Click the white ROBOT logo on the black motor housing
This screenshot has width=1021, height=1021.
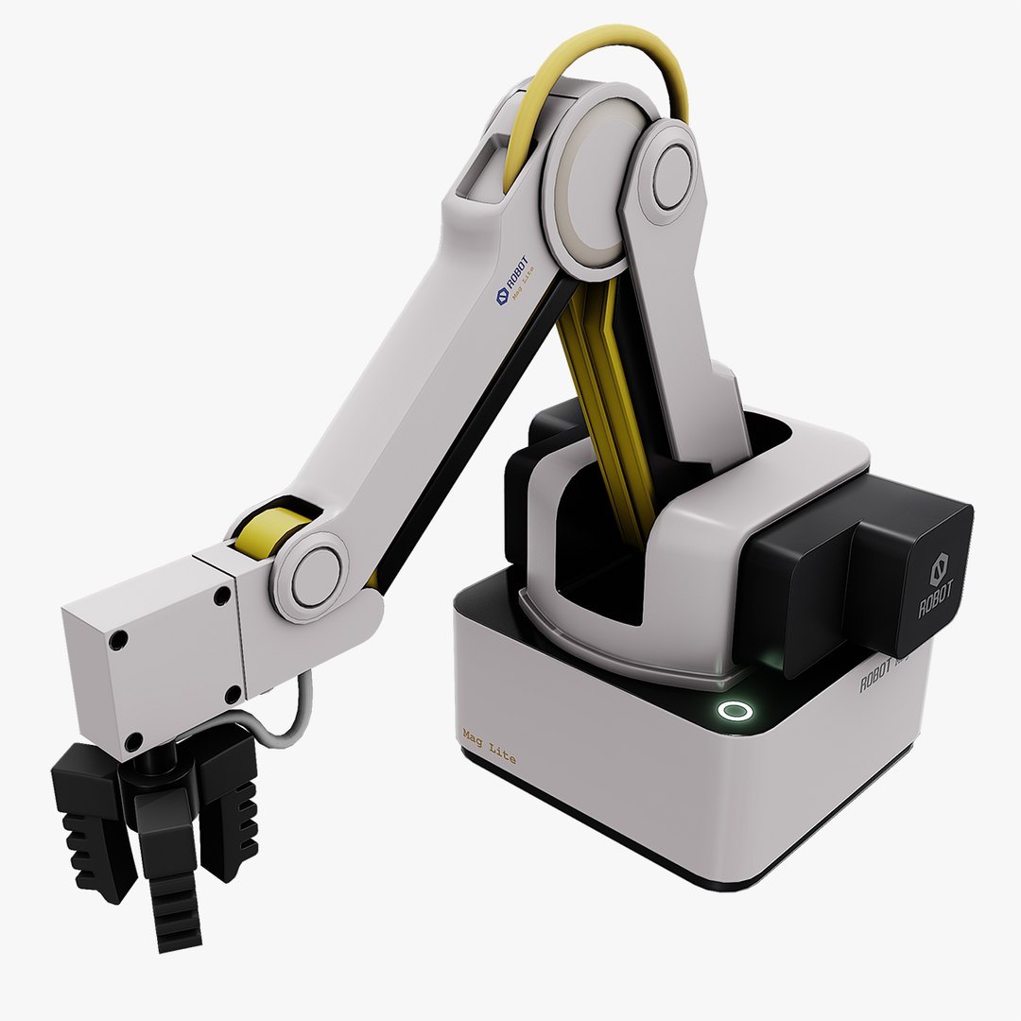point(937,586)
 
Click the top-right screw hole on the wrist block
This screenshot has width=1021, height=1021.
point(223,597)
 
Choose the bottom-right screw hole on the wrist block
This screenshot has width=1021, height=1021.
point(233,697)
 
